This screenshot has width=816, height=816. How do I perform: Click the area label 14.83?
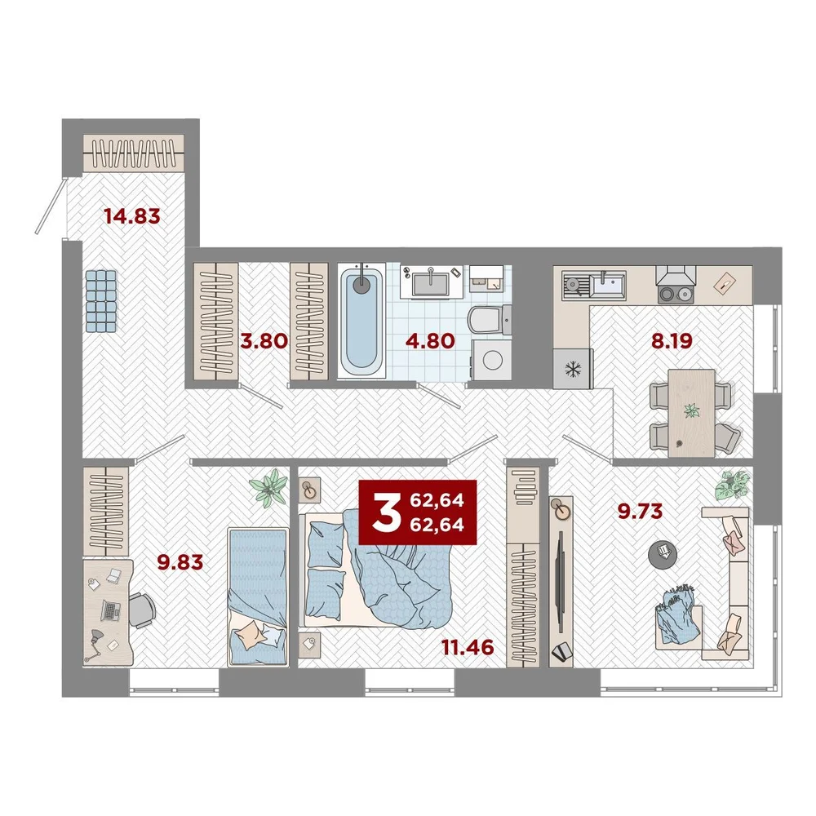pos(132,215)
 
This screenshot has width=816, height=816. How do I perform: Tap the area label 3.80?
pos(264,341)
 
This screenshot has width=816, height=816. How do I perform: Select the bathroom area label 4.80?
pos(430,341)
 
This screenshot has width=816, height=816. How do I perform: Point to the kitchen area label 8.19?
pos(672,341)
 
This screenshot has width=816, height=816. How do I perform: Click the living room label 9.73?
pos(640,511)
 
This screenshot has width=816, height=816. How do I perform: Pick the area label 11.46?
pos(468,647)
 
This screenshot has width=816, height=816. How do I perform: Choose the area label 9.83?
pos(180,562)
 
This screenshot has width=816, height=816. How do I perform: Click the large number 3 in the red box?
pos(386,512)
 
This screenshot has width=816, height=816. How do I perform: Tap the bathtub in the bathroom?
pos(361,320)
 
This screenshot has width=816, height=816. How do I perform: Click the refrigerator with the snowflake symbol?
pos(573,369)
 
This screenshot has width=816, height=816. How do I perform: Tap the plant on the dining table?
pos(692,411)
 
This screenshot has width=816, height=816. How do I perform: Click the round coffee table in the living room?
pos(663,555)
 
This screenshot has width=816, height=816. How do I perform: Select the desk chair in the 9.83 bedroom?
pos(140,610)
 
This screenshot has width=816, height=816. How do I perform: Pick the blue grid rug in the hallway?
pos(101,301)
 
